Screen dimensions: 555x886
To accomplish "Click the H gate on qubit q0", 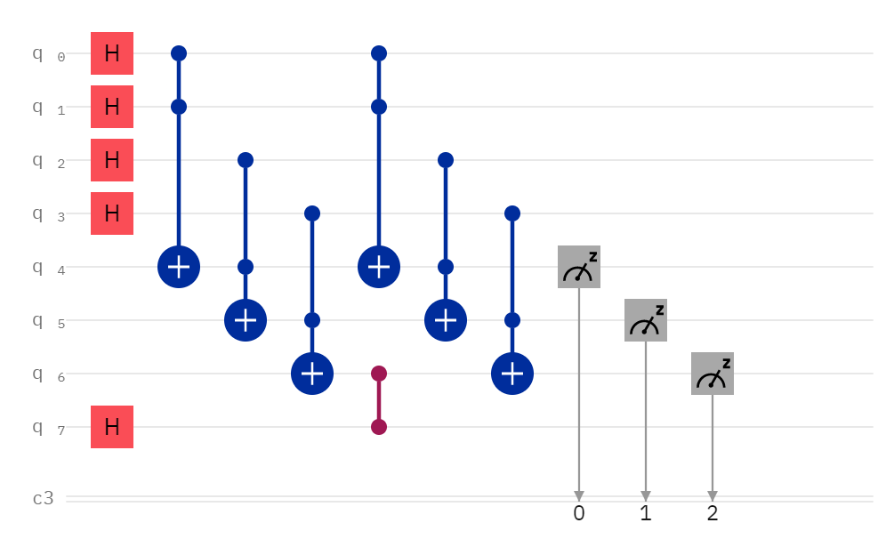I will pyautogui.click(x=112, y=53).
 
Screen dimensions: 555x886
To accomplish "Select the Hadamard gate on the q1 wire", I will pyautogui.click(x=112, y=107).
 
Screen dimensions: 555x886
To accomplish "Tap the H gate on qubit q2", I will pyautogui.click(x=112, y=160).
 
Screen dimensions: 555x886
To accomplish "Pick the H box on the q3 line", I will pyautogui.click(x=112, y=213).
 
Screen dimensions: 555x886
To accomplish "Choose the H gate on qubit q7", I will pyautogui.click(x=112, y=427).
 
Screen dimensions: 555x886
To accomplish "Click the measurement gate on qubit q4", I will pyautogui.click(x=579, y=267).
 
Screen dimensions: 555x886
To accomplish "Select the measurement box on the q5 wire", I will pyautogui.click(x=646, y=320).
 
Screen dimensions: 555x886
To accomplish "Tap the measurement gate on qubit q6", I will pyautogui.click(x=713, y=374).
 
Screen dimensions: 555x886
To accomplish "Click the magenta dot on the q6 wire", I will pyautogui.click(x=379, y=374).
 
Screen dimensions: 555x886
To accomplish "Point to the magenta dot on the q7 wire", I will pyautogui.click(x=379, y=427).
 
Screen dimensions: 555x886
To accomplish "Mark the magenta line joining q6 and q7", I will pyautogui.click(x=379, y=400).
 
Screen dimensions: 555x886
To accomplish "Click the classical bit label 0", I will pyautogui.click(x=579, y=513).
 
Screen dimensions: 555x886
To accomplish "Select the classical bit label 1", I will pyautogui.click(x=646, y=513).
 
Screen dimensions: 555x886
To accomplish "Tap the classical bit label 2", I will pyautogui.click(x=713, y=513).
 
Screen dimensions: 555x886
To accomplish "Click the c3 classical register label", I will pyautogui.click(x=44, y=498).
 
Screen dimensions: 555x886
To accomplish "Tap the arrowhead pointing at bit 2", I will pyautogui.click(x=713, y=495).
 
